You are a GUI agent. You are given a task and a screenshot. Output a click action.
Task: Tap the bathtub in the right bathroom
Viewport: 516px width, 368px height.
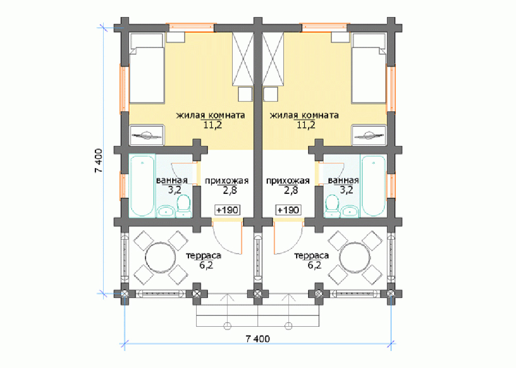coord(373,186)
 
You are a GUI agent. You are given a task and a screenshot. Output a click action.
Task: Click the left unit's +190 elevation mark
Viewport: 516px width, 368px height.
coord(228,210)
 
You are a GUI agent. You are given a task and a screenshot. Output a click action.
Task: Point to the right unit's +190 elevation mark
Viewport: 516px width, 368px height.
coord(288,210)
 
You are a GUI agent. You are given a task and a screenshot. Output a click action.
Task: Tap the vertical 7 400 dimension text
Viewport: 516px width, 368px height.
coord(99,161)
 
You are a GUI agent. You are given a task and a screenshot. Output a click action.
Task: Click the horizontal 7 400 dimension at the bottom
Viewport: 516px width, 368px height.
coord(257,339)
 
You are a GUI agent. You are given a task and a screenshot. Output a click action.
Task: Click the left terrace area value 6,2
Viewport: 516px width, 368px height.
coord(206,265)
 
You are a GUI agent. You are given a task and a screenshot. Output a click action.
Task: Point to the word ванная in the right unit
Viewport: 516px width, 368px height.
coord(343,180)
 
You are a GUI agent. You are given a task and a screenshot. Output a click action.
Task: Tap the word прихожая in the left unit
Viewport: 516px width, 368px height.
coord(227,181)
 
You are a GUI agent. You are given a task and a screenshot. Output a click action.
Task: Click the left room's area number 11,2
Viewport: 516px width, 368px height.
coord(213,125)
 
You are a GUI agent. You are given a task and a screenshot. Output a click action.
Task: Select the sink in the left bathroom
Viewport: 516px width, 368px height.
coord(166,211)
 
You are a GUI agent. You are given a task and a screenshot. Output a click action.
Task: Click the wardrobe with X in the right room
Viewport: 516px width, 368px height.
coord(273,59)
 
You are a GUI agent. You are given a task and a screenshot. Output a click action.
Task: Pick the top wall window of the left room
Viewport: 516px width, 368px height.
coord(191,27)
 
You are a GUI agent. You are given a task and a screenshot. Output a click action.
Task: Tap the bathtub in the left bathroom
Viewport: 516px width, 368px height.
coord(142,186)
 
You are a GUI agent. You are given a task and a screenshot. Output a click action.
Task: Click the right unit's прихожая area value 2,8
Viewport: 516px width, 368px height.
coord(291,190)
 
